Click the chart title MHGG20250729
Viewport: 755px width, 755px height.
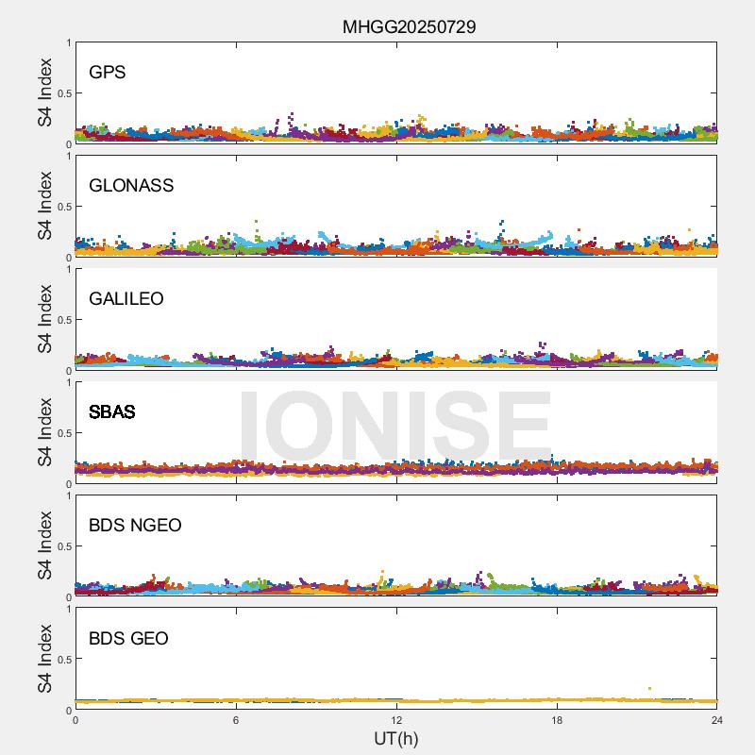pos(409,26)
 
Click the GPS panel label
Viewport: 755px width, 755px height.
pos(108,73)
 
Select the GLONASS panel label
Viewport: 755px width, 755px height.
pos(131,186)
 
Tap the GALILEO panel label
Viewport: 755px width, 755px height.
pos(126,299)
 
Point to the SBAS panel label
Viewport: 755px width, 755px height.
pos(112,412)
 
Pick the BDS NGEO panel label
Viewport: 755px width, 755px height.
pos(135,526)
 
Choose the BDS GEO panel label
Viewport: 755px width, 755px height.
pos(128,639)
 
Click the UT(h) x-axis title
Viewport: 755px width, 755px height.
pos(395,738)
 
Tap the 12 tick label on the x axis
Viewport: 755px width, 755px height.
pos(396,720)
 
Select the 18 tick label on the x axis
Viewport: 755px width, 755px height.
pos(557,720)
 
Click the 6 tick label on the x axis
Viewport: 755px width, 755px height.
pos(236,720)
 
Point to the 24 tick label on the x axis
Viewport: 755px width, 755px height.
pos(716,720)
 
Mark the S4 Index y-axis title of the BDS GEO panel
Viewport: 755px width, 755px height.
pos(45,659)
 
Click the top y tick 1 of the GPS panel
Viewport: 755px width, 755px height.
pos(68,43)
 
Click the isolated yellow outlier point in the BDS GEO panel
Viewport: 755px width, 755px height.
pos(649,689)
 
